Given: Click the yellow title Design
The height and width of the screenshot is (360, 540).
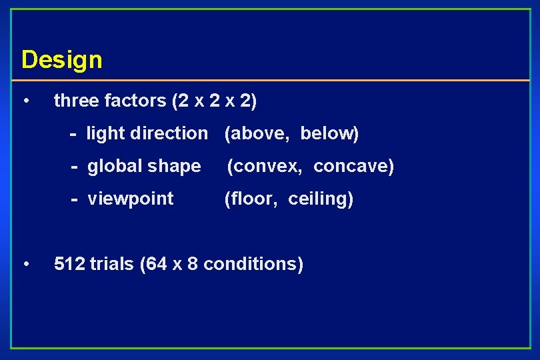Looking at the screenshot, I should [x=61, y=60].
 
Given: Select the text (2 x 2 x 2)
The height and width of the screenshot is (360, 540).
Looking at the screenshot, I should [x=214, y=101].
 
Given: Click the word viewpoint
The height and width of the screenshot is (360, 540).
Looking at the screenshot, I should [x=131, y=199].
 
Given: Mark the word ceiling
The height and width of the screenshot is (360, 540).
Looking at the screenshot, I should [x=318, y=199].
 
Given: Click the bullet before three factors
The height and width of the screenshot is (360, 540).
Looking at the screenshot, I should [x=25, y=101].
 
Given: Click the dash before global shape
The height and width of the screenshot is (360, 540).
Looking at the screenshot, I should [x=75, y=166].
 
